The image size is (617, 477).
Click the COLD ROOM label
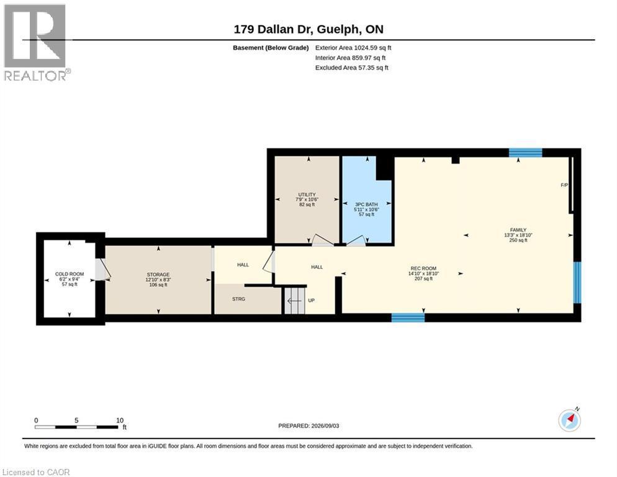70,274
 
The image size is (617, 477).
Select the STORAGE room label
158,275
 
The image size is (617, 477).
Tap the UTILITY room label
307,194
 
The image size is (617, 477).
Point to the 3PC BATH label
366,204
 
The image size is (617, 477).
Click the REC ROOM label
423,268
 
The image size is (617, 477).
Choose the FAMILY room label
518,230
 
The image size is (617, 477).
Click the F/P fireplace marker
564,185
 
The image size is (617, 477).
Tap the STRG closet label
238,299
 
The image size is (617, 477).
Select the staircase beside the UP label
295,301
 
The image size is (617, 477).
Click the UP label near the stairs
311,301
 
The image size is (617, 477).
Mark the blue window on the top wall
525,153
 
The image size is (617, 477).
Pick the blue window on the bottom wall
408,317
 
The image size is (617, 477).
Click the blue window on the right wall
577,283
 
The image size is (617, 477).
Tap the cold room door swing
103,270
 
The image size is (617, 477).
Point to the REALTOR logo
37,42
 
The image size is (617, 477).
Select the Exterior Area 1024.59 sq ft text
353,48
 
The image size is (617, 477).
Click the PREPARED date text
308,426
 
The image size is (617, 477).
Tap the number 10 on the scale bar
120,420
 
